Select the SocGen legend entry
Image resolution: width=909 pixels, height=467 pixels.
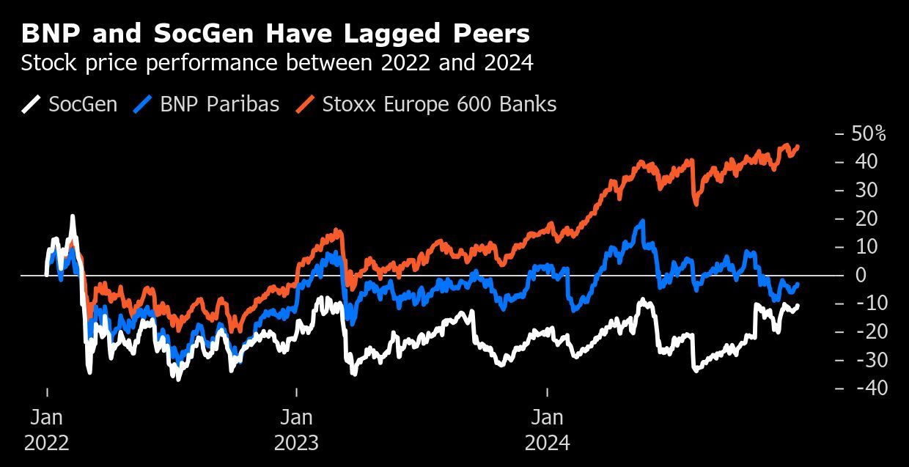(x=83, y=104)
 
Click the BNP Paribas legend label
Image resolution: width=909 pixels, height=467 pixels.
(x=219, y=104)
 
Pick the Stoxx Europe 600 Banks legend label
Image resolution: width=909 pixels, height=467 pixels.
(x=439, y=104)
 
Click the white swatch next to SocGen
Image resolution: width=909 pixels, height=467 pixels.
(x=31, y=104)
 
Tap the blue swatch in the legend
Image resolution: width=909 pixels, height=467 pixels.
(x=142, y=104)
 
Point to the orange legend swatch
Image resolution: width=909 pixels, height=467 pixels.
(x=305, y=104)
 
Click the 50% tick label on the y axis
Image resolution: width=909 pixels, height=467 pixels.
(x=869, y=134)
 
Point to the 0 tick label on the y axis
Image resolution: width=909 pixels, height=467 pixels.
(x=861, y=275)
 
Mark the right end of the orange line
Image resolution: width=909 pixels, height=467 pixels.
(x=798, y=147)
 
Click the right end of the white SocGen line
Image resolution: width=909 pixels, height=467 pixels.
(x=798, y=306)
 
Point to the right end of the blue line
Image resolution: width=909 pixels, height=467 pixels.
(x=798, y=284)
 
